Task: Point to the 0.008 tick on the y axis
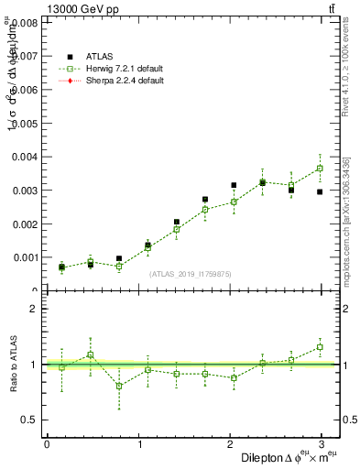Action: point(25,22)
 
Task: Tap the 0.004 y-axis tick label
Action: point(25,157)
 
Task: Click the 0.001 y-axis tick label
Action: point(25,257)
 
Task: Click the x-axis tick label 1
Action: point(140,444)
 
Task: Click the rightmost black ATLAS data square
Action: point(320,191)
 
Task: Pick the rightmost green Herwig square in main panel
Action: point(320,169)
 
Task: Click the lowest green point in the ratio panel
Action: point(119,386)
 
